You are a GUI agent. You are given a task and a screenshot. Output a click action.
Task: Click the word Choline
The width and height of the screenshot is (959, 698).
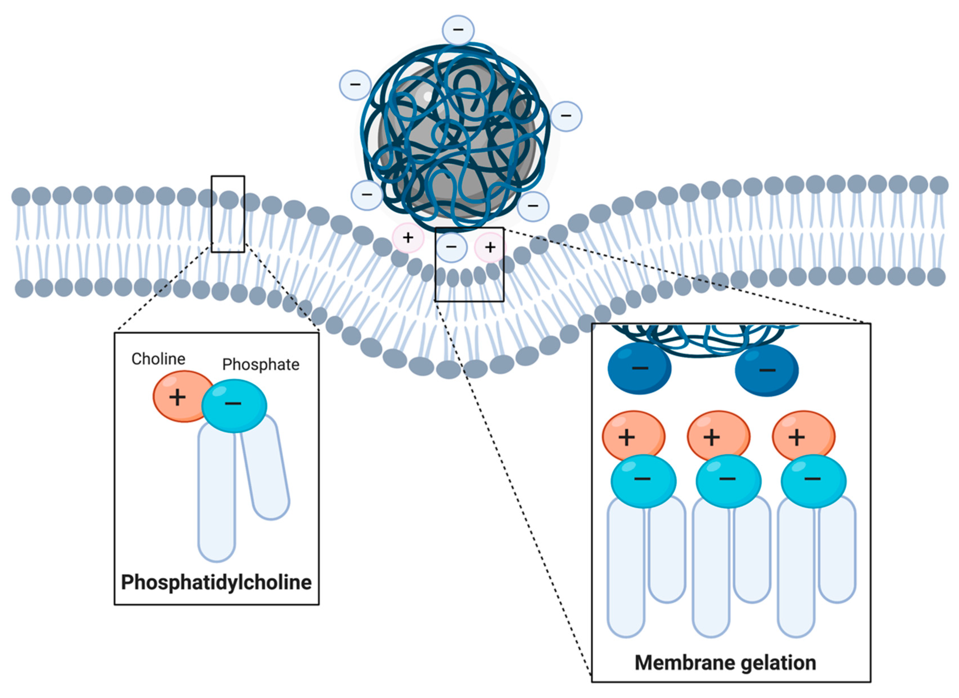pyautogui.click(x=158, y=359)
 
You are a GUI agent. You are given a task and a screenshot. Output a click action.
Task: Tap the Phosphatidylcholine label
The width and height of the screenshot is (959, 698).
pyautogui.click(x=216, y=582)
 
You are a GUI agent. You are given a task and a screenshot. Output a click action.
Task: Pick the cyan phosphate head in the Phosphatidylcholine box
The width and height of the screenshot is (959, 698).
pyautogui.click(x=234, y=405)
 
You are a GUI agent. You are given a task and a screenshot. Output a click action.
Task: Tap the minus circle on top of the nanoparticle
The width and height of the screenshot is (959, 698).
pyautogui.click(x=458, y=30)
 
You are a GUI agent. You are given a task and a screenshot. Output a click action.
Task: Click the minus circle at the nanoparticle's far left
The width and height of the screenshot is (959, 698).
pyautogui.click(x=355, y=84)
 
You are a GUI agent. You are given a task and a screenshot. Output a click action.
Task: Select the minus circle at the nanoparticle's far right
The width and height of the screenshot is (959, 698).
pyautogui.click(x=566, y=116)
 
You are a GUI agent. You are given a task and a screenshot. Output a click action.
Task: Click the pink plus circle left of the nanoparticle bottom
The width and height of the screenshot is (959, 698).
pyautogui.click(x=408, y=238)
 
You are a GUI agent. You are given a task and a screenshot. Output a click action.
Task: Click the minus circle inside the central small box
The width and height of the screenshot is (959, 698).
pyautogui.click(x=451, y=247)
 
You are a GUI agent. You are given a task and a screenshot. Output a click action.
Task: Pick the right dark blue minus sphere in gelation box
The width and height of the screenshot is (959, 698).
pyautogui.click(x=766, y=370)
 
